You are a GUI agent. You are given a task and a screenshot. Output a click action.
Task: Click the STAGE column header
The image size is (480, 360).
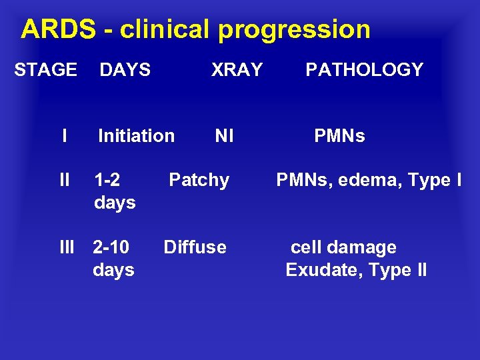(x=46, y=69)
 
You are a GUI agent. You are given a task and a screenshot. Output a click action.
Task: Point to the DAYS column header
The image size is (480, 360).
(x=125, y=69)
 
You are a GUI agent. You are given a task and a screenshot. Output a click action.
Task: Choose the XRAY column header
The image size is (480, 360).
(x=237, y=69)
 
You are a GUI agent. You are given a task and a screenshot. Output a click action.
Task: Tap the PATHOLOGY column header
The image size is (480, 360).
(x=365, y=69)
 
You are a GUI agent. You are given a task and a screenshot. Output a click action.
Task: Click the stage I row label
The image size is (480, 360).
(x=64, y=136)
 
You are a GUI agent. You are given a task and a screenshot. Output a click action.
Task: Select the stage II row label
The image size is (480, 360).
(x=64, y=180)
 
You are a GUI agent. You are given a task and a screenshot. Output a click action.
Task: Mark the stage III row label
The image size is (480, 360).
(x=67, y=247)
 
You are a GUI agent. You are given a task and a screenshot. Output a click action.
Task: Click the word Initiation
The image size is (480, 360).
(x=136, y=136)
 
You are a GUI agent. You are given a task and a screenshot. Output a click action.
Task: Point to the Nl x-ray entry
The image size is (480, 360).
(x=224, y=136)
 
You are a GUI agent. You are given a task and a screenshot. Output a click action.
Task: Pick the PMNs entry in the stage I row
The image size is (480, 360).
(x=339, y=136)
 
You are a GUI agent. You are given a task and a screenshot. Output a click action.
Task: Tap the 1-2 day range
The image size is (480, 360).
(x=107, y=180)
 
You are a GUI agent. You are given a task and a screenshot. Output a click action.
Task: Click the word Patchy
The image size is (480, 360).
(x=199, y=180)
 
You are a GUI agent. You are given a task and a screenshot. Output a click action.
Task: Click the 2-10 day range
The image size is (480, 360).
(x=111, y=247)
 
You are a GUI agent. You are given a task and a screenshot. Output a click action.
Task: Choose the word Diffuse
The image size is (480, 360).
(x=195, y=247)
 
